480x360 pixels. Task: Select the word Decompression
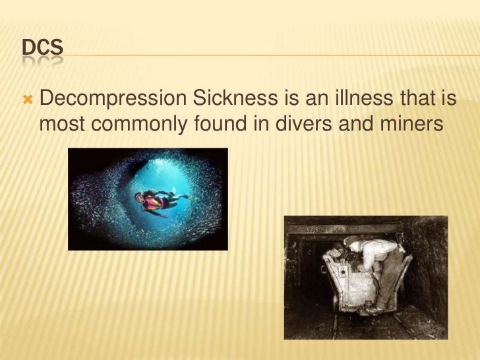114,100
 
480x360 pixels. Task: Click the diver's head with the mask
139,197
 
